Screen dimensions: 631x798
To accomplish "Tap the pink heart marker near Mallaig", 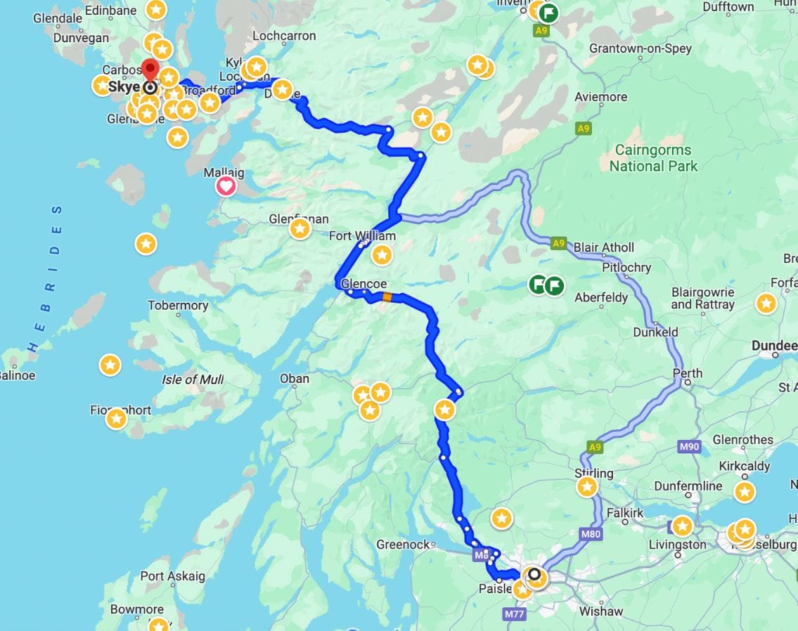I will [x=226, y=186].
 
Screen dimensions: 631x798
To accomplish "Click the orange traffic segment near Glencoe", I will [x=387, y=297].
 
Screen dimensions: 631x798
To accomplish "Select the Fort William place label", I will [x=362, y=236].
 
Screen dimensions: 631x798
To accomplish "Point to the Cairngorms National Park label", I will [x=653, y=158].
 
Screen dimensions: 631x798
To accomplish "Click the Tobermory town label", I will [x=178, y=306].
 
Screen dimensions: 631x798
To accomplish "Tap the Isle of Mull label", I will [x=193, y=380].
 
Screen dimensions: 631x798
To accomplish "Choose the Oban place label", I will [x=294, y=379].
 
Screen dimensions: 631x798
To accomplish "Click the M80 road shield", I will [x=591, y=534].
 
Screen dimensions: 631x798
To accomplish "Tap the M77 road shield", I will [x=515, y=614].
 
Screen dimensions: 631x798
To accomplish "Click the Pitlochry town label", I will [x=626, y=268].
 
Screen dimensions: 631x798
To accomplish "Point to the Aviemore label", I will [x=600, y=97].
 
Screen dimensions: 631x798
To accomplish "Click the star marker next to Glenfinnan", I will [x=300, y=229].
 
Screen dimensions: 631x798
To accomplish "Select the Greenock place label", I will [x=403, y=545].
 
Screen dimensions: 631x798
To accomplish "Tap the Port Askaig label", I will [x=172, y=576].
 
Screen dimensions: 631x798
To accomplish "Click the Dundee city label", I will [x=774, y=346].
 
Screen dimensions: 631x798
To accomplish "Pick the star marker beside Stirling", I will [x=587, y=487].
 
